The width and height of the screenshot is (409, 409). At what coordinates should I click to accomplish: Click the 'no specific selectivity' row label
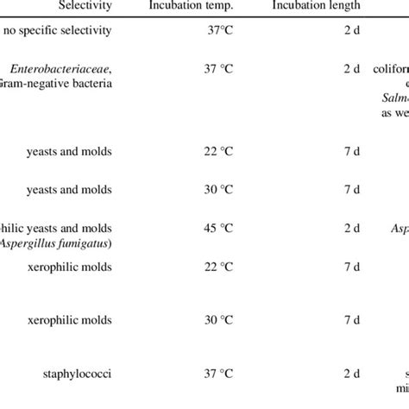tap(81, 32)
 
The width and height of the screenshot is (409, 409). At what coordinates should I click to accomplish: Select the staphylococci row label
tap(103, 374)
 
